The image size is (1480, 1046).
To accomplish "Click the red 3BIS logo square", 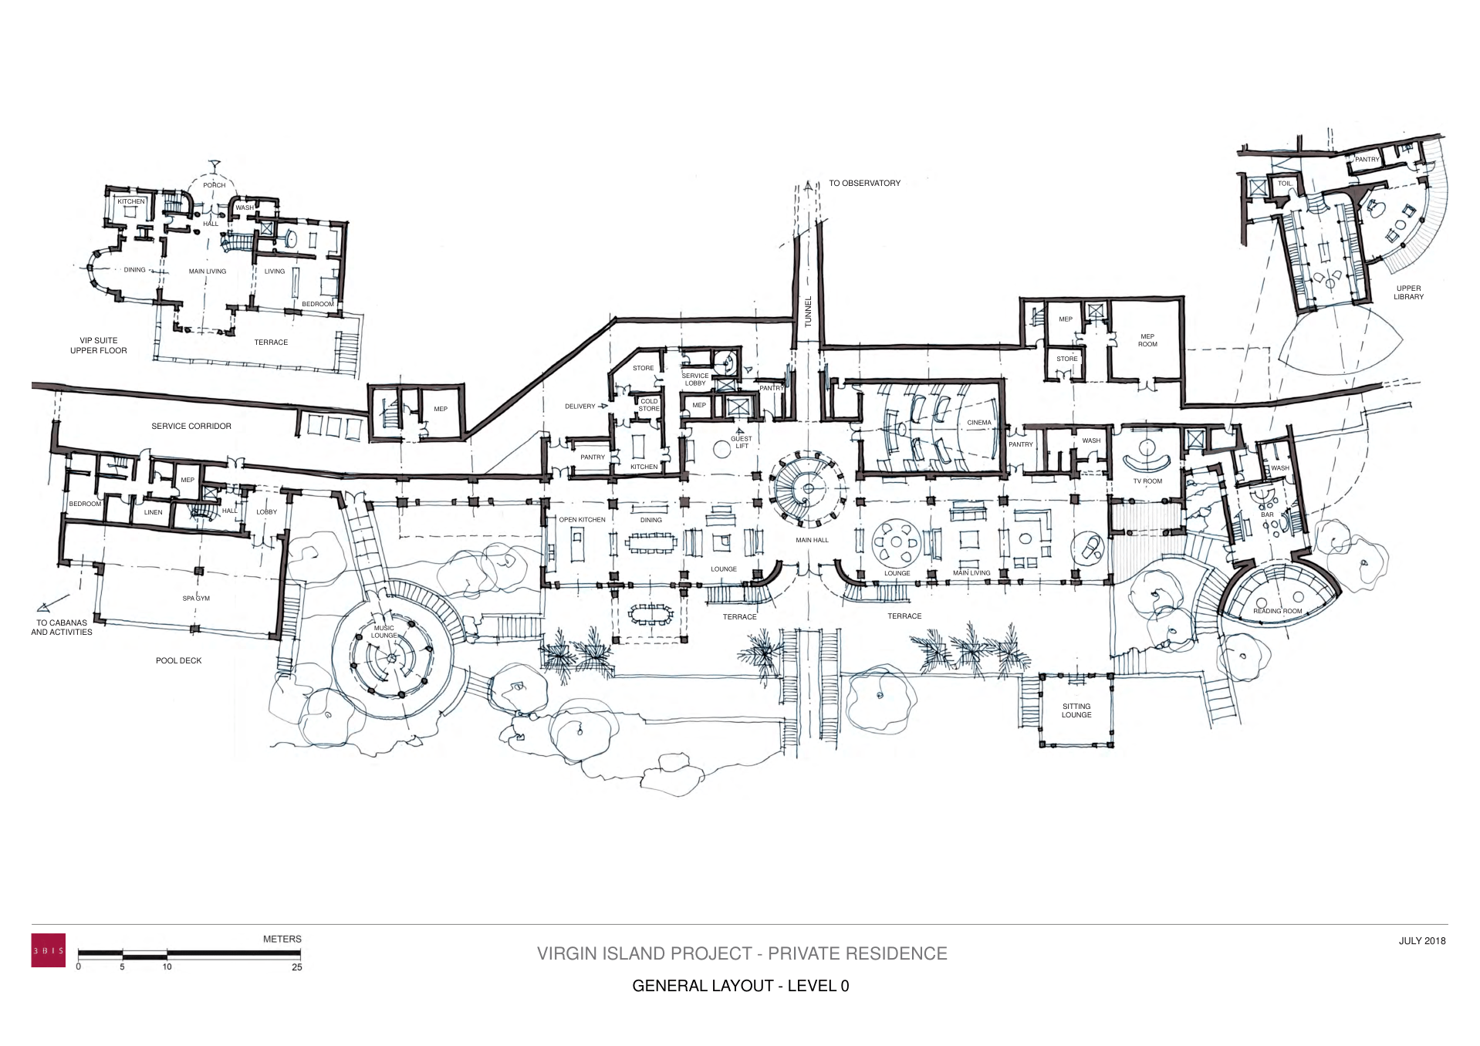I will pyautogui.click(x=48, y=950).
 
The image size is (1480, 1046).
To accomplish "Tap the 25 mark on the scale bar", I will pyautogui.click(x=297, y=967).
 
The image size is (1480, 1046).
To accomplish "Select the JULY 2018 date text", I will pyautogui.click(x=1421, y=941).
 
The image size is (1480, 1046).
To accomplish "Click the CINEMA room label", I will pyautogui.click(x=978, y=423).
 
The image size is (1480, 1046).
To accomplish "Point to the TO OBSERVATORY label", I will pyautogui.click(x=864, y=184).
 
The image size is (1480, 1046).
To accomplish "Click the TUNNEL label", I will pyautogui.click(x=808, y=312).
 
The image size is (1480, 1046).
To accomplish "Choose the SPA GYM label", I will pyautogui.click(x=196, y=599).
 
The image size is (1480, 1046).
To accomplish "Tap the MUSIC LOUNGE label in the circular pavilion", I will pyautogui.click(x=384, y=632).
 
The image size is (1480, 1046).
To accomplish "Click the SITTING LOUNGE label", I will pyautogui.click(x=1076, y=710).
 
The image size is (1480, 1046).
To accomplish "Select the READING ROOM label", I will pyautogui.click(x=1277, y=611).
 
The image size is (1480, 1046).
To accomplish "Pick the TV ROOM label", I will pyautogui.click(x=1147, y=481).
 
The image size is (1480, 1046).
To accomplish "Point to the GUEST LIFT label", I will pyautogui.click(x=741, y=442).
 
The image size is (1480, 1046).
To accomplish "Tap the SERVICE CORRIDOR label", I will pyautogui.click(x=191, y=427).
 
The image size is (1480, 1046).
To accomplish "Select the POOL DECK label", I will pyautogui.click(x=178, y=661).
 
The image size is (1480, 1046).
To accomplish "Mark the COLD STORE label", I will pyautogui.click(x=649, y=404).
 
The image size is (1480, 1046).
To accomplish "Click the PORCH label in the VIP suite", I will pyautogui.click(x=214, y=185).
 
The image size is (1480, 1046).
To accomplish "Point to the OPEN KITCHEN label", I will pyautogui.click(x=582, y=520).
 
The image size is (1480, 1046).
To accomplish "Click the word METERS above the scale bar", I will pyautogui.click(x=282, y=940).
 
